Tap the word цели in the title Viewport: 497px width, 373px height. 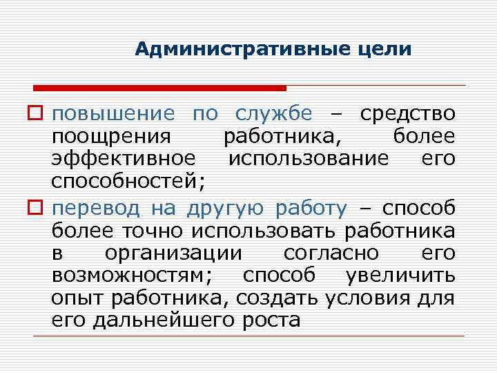(x=385, y=50)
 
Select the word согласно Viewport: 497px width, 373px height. (x=315, y=254)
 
